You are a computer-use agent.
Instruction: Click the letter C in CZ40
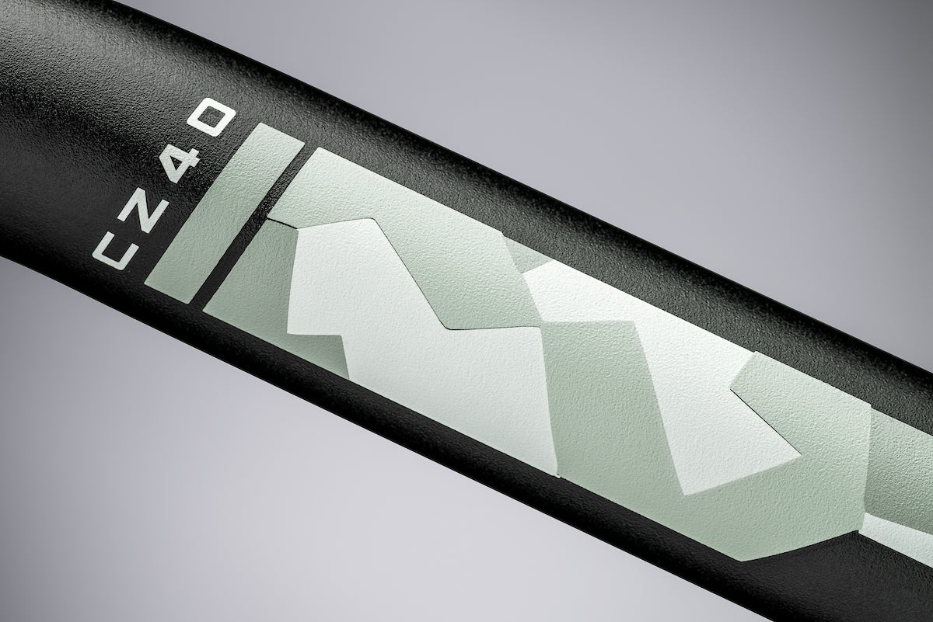[110, 251]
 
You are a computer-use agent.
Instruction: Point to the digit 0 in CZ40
[211, 120]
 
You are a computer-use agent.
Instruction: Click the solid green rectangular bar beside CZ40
[224, 213]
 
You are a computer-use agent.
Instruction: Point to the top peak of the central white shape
[369, 219]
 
